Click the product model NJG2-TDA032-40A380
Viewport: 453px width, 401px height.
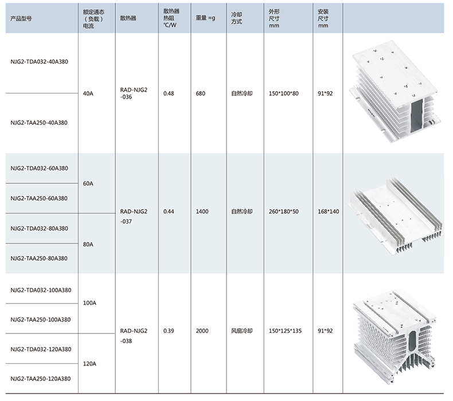tap(40, 61)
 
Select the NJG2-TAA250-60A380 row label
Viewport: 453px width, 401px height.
tap(40, 198)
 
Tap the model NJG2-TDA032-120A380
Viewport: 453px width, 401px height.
tap(41, 349)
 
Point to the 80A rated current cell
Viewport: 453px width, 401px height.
tap(88, 244)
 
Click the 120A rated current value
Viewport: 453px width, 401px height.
tap(90, 364)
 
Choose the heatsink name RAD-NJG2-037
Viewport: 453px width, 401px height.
tap(134, 215)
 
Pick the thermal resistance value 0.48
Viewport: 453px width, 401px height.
tap(169, 93)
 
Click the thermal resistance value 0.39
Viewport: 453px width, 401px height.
tap(169, 331)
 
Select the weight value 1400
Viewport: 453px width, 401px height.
tap(202, 212)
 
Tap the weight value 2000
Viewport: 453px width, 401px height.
tap(202, 331)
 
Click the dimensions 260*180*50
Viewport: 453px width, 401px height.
tap(283, 212)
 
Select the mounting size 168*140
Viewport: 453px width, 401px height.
tap(329, 212)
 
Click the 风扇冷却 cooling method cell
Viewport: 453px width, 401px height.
tap(241, 331)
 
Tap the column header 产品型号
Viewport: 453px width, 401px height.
tap(21, 18)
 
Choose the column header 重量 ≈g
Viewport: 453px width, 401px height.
tap(205, 18)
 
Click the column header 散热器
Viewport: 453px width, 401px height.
tap(128, 18)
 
